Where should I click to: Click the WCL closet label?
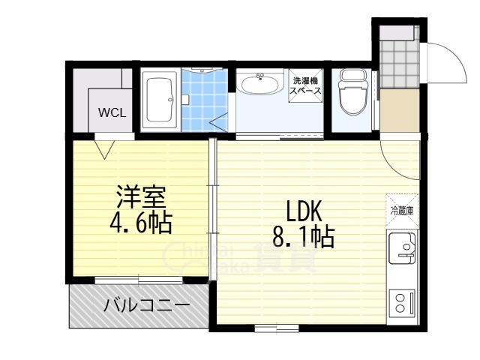(x=111, y=114)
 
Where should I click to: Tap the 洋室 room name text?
(x=139, y=197)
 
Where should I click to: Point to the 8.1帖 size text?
(x=303, y=238)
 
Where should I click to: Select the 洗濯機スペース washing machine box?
(x=306, y=85)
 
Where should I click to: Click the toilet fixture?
(x=350, y=91)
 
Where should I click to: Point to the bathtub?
(x=159, y=100)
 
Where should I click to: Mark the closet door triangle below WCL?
(x=104, y=146)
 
